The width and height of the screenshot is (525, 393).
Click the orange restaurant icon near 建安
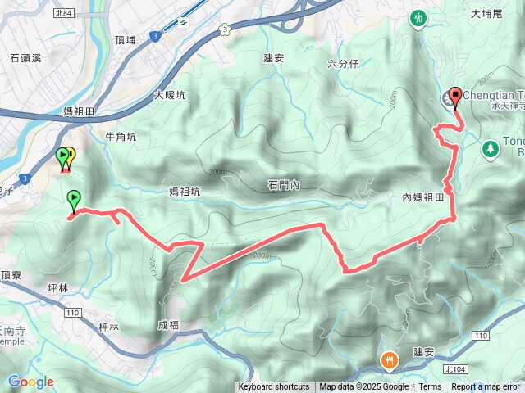[x=389, y=359]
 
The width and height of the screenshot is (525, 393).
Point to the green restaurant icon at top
[x=419, y=16]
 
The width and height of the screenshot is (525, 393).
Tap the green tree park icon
[x=490, y=149]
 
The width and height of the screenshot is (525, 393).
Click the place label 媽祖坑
[x=185, y=192]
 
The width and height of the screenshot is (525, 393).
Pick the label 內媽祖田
[x=423, y=197]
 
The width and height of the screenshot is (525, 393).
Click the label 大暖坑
[x=170, y=95]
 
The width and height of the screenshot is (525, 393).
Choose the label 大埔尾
[x=486, y=14]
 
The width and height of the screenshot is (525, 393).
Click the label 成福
[x=168, y=325]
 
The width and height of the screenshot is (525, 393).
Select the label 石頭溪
[x=25, y=58]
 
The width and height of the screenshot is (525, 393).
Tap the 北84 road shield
[x=63, y=12]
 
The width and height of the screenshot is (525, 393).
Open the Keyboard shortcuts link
[x=274, y=387]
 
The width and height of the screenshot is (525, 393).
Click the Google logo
[x=31, y=382]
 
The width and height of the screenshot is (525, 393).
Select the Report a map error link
[x=486, y=387]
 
